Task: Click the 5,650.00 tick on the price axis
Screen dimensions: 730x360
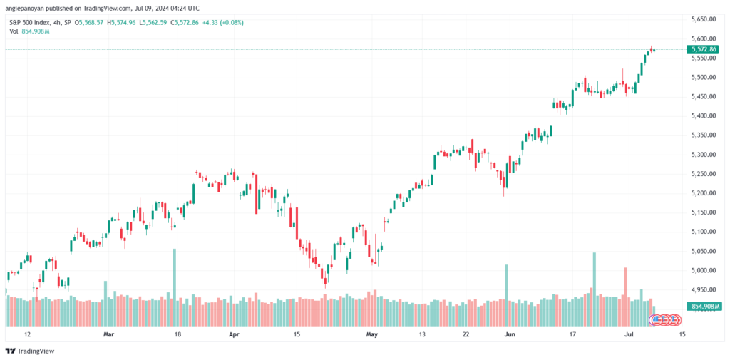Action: pyautogui.click(x=702, y=19)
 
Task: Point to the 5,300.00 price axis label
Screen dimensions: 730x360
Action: pyautogui.click(x=702, y=155)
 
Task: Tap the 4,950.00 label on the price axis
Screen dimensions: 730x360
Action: pyautogui.click(x=702, y=289)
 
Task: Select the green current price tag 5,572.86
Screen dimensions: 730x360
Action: pyautogui.click(x=703, y=49)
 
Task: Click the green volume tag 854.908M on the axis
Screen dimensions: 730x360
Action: pyautogui.click(x=703, y=306)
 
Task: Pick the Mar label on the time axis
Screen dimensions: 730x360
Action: pyautogui.click(x=108, y=334)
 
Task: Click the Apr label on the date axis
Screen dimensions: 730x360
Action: pyautogui.click(x=235, y=334)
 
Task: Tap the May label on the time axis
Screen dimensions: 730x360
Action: pyautogui.click(x=371, y=334)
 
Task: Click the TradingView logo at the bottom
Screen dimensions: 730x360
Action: pyautogui.click(x=30, y=351)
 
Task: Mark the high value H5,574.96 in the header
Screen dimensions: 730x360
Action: pyautogui.click(x=123, y=22)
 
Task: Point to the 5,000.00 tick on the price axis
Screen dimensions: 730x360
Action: pyautogui.click(x=702, y=271)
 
